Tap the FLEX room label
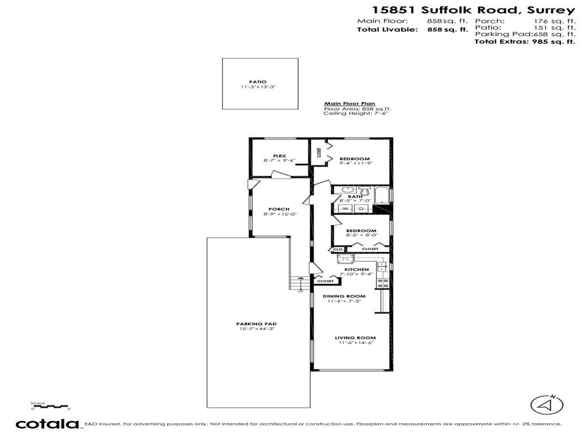tap(279, 156)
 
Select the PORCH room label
tap(278, 209)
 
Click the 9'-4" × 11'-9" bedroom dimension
tap(356, 164)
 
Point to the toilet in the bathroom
tap(363, 189)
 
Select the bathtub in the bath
tap(381, 195)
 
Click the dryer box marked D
tap(361, 208)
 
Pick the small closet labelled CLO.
tap(338, 249)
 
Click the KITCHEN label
tap(356, 269)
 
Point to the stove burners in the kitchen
tap(385, 282)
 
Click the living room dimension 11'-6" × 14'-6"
tap(355, 343)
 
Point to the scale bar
tap(51, 407)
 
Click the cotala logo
tap(47, 424)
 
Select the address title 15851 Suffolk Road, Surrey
tap(473, 10)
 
